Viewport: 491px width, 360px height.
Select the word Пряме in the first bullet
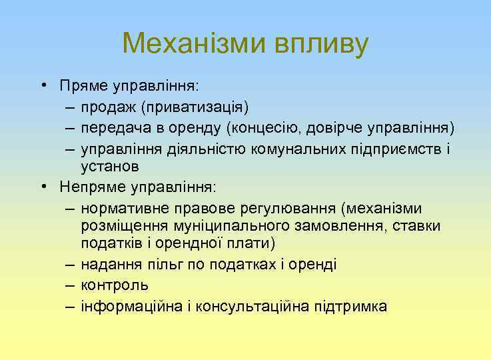pos(82,86)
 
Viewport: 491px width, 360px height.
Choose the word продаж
pos(106,107)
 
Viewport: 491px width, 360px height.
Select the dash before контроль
pos(71,285)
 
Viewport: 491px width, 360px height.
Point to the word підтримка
pos(353,306)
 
